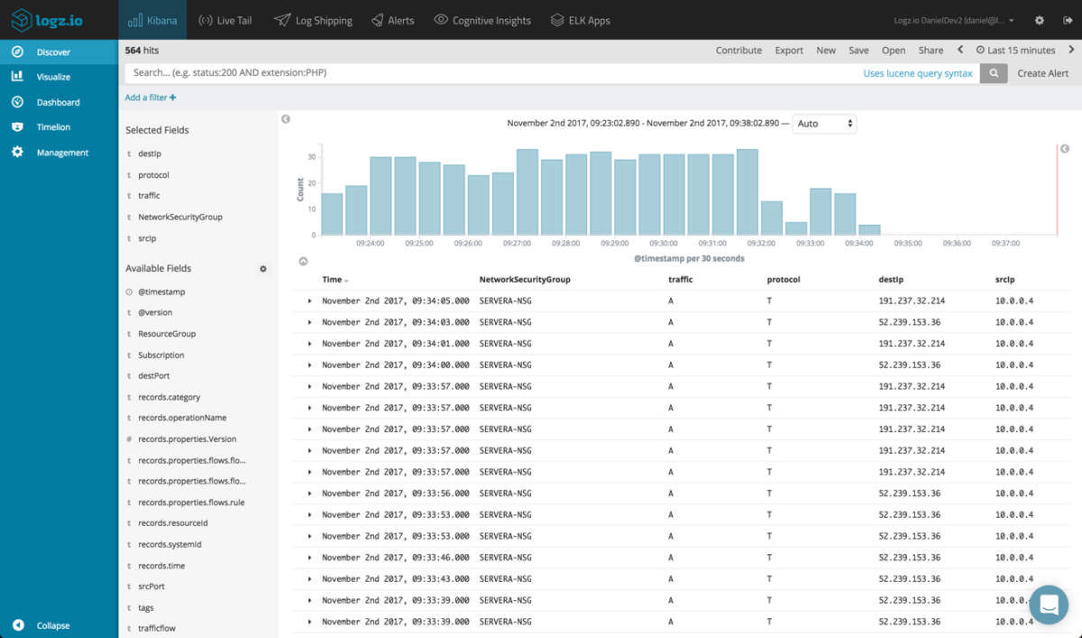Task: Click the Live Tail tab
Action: coord(225,20)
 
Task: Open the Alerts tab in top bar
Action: coord(392,20)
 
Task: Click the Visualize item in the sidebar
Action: coord(53,78)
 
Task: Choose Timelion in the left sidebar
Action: coord(53,127)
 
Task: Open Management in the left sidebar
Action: coord(62,153)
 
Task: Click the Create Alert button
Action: coord(1043,74)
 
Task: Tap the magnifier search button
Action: coord(994,74)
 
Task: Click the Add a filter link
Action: coord(151,97)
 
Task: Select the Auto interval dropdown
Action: coord(824,124)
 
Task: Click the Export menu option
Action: coord(789,51)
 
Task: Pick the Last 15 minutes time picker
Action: coord(1015,51)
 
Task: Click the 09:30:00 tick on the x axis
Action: coord(663,244)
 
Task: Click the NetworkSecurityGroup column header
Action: coord(525,280)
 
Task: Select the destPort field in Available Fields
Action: coord(153,376)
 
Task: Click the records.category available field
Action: coord(169,397)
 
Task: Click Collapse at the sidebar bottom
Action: coord(52,625)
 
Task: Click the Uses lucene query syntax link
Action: coord(918,74)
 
